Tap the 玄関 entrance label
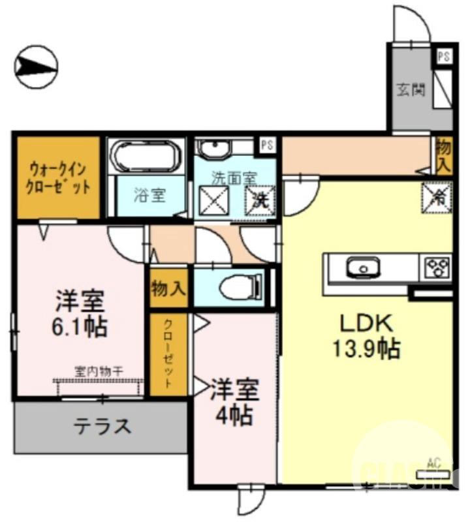[411, 89]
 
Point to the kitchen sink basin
[362, 268]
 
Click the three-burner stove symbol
[437, 268]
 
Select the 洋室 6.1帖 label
[80, 313]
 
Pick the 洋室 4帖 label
[234, 401]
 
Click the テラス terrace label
[102, 427]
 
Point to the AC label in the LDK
[433, 464]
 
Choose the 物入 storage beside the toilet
[168, 287]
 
